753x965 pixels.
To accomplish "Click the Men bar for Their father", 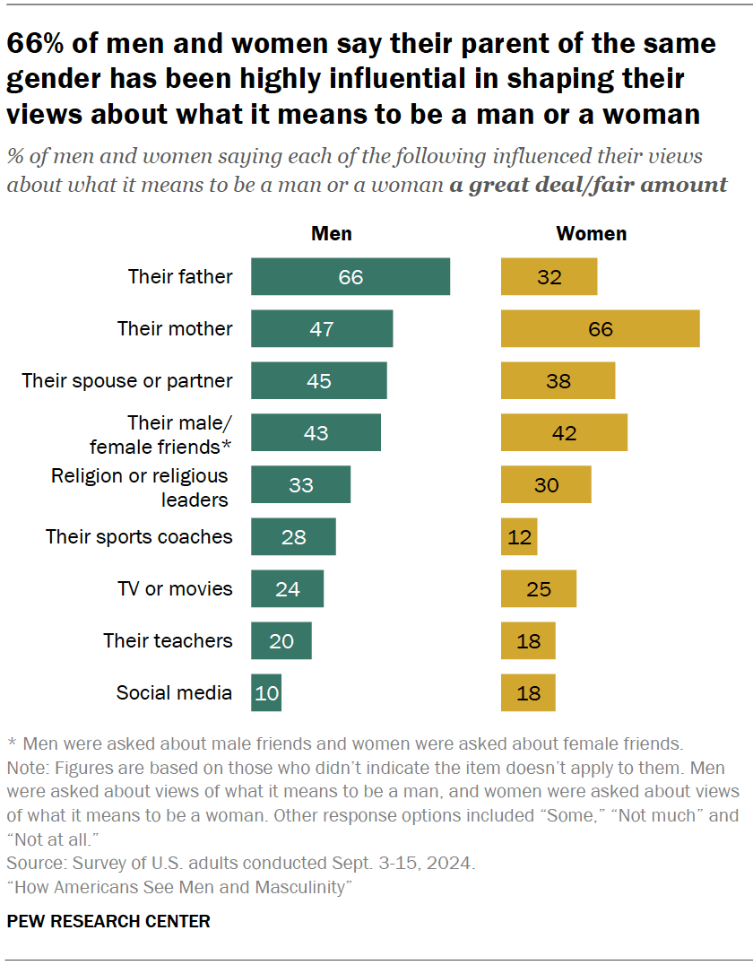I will coord(350,277).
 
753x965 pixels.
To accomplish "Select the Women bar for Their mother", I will coord(600,329).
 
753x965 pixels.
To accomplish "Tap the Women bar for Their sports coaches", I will coord(519,537).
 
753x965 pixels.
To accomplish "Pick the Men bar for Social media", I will coord(266,693).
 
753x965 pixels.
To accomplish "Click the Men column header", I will coord(331,234).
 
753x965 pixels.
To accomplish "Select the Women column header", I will coord(591,234).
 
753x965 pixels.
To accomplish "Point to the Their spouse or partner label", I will coord(127,381).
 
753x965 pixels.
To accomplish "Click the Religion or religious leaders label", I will coord(140,487).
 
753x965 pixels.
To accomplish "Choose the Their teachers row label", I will coord(168,641).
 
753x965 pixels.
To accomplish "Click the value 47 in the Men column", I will coord(322,329).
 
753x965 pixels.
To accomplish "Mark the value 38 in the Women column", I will coord(558,381).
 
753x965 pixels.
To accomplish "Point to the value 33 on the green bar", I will coord(300,485).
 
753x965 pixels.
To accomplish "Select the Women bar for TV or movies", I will coord(538,589).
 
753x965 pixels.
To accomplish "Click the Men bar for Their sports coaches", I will coord(293,537).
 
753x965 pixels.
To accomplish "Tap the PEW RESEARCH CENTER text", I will coord(108,921).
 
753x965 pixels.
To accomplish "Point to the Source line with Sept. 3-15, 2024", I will coord(240,865).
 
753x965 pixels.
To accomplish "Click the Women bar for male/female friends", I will coord(564,433).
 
